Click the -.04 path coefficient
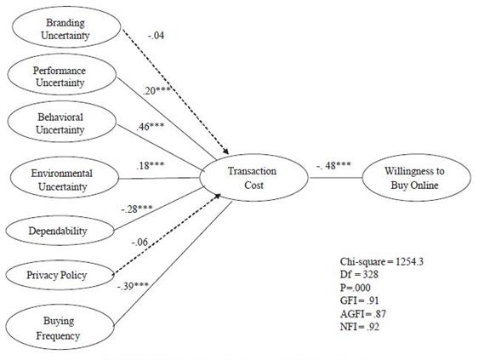(156, 36)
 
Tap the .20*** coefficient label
(157, 91)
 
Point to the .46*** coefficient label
(150, 127)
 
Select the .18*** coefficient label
(150, 165)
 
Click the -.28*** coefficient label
(136, 209)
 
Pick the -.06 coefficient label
(140, 242)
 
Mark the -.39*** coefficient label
(133, 287)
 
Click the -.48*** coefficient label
(333, 165)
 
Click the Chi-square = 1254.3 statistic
(382, 262)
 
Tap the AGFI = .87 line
(363, 314)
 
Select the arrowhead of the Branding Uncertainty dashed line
(226, 151)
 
